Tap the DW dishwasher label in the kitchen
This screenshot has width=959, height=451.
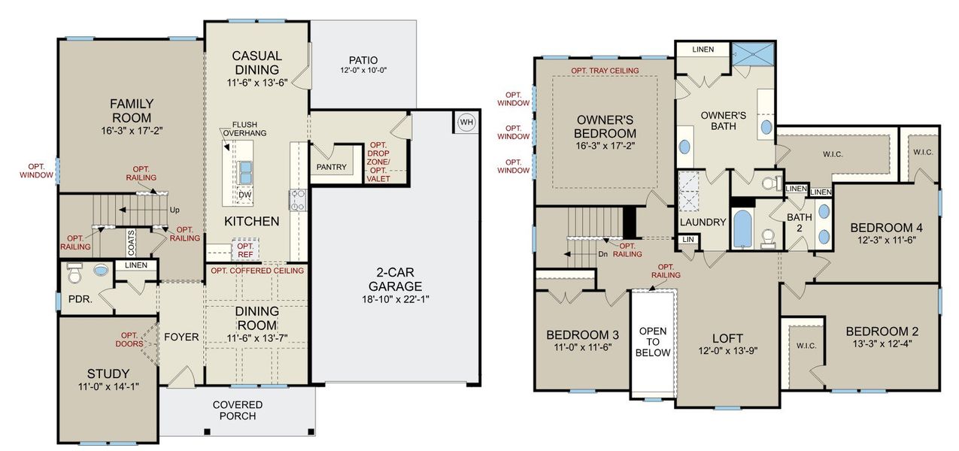click(245, 195)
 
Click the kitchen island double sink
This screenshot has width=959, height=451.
click(245, 173)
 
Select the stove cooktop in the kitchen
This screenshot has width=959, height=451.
click(296, 200)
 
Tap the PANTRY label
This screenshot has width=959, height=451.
click(332, 167)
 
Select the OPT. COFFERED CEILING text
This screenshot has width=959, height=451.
click(257, 271)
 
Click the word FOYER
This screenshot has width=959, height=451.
click(181, 337)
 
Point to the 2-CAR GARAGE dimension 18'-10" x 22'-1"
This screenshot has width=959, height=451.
click(399, 298)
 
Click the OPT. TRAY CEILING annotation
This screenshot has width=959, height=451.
click(605, 71)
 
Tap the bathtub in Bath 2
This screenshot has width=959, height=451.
click(742, 229)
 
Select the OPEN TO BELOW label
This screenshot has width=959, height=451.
click(654, 342)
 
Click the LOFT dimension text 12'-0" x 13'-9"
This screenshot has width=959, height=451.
click(727, 351)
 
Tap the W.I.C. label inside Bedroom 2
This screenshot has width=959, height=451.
click(803, 346)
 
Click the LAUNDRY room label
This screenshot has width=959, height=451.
click(703, 222)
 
